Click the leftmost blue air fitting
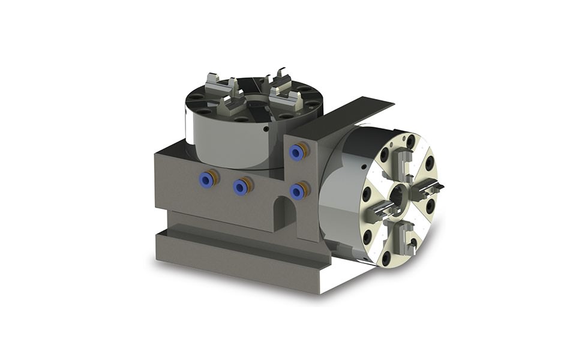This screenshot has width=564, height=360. pyautogui.click(x=206, y=178)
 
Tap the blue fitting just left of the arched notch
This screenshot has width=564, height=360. pyautogui.click(x=241, y=187)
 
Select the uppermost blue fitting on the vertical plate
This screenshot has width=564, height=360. pyautogui.click(x=296, y=153)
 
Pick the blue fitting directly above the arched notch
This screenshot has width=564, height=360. pyautogui.click(x=296, y=191)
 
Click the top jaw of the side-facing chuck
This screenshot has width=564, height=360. pyautogui.click(x=403, y=161)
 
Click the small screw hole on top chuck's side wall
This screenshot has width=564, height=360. pyautogui.click(x=263, y=128)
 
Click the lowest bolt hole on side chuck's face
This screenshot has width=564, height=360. pyautogui.click(x=386, y=258)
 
